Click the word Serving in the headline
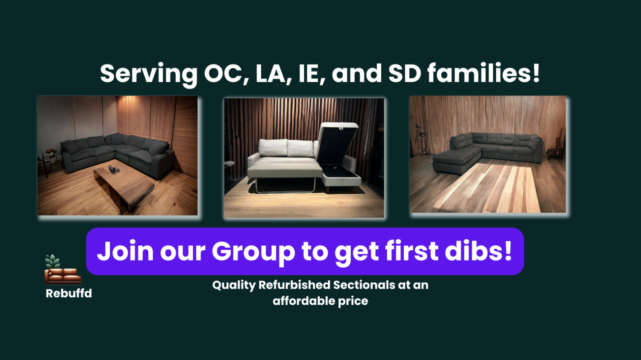click(149, 74)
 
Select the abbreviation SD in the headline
click(405, 73)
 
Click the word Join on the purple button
click(125, 251)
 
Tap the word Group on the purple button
click(253, 252)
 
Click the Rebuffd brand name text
click(69, 293)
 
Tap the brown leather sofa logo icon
click(63, 276)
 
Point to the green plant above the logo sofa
click(53, 261)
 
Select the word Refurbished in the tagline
click(294, 285)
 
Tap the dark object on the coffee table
click(114, 169)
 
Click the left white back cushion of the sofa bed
click(273, 148)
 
